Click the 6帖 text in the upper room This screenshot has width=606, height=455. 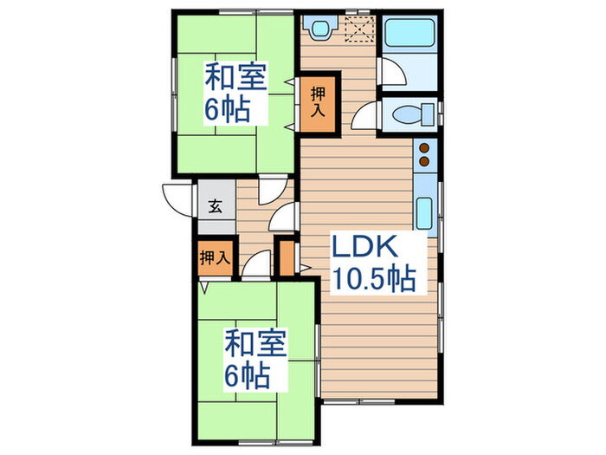[x=228, y=109]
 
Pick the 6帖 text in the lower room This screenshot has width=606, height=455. [x=248, y=375]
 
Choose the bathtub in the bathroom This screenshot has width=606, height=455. [x=410, y=35]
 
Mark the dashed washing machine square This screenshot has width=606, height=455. [x=356, y=30]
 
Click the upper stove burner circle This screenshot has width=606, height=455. [x=425, y=147]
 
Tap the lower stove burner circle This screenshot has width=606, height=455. [x=425, y=160]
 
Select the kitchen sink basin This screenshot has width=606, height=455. [x=425, y=212]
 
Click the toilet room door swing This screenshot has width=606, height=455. [x=366, y=115]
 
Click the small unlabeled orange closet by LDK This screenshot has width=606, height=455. [x=287, y=257]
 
